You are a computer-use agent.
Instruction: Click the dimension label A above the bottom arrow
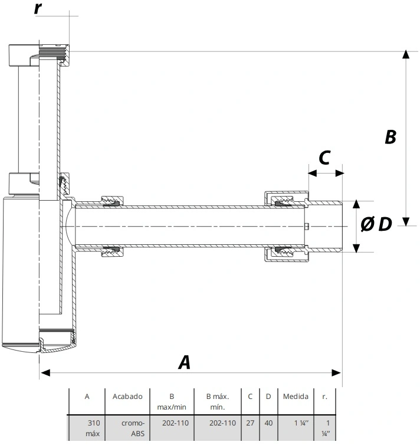(x=185, y=362)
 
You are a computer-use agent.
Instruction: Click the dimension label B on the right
(x=391, y=136)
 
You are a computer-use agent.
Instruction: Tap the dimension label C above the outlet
(x=324, y=158)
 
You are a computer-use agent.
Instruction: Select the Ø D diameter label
(x=376, y=224)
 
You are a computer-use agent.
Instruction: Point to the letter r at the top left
(x=38, y=8)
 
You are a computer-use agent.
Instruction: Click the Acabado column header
(x=127, y=397)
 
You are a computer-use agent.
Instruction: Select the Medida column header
(x=296, y=397)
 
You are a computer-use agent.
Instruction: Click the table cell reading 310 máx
(x=93, y=428)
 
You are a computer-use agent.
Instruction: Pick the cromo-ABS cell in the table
(x=133, y=428)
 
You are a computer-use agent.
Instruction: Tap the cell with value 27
(x=250, y=423)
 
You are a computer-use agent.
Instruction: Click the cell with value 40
(x=268, y=423)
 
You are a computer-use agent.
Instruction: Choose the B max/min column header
(x=172, y=401)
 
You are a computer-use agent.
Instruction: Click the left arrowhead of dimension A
(x=45, y=372)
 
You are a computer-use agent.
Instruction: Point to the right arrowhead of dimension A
(x=336, y=372)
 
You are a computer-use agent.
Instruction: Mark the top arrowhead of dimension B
(x=406, y=54)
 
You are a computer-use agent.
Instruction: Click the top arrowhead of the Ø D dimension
(x=356, y=204)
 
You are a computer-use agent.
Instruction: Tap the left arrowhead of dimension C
(x=312, y=173)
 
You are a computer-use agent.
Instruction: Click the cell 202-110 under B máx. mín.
(x=222, y=423)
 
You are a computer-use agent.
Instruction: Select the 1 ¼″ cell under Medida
(x=301, y=423)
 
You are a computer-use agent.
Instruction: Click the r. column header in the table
(x=324, y=397)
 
